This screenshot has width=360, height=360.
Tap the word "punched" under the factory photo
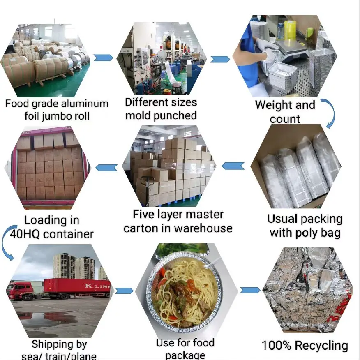(x=176, y=115)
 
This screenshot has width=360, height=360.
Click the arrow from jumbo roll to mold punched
(x=103, y=58)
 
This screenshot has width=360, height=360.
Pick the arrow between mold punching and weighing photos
(x=220, y=59)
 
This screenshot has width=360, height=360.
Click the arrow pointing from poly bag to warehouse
(x=233, y=166)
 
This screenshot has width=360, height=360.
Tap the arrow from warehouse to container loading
(x=106, y=167)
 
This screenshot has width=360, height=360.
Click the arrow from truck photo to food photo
(x=124, y=291)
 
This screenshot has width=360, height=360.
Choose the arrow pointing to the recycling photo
(x=250, y=290)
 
